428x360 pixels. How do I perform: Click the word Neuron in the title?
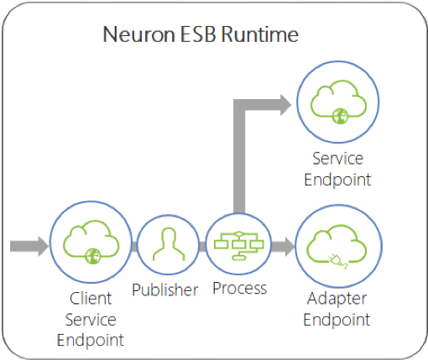[x=139, y=34]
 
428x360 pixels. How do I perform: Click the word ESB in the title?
[x=198, y=34]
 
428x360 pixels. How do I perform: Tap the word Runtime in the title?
[x=260, y=34]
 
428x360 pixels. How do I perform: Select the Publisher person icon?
[x=169, y=244]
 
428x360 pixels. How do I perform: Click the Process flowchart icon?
[x=238, y=246]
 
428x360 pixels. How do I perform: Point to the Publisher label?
[x=165, y=290]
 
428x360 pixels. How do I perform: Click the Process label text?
[x=240, y=288]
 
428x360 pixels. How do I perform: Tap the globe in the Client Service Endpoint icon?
[x=93, y=256]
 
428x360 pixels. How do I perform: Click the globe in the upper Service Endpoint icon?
[x=340, y=116]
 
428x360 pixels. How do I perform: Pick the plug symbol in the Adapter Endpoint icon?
[x=338, y=261]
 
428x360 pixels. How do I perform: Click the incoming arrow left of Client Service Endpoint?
[x=29, y=246]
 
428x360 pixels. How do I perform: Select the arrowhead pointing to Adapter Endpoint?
[x=290, y=246]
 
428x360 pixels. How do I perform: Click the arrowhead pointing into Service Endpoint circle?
[x=286, y=105]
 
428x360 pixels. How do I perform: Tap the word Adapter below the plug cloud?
[x=337, y=299]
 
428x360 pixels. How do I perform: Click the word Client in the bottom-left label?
[x=91, y=298]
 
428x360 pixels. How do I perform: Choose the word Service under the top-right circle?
[x=338, y=159]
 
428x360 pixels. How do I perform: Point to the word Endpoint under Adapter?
[x=337, y=320]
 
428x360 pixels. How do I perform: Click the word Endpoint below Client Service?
[x=91, y=340]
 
